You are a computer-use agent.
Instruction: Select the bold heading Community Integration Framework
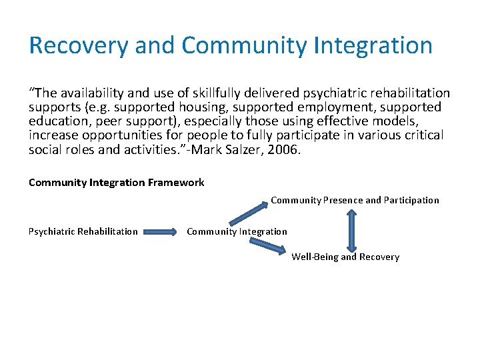[117, 183]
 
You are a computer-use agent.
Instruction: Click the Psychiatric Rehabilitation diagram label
[83, 232]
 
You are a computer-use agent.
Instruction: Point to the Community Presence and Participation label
[355, 200]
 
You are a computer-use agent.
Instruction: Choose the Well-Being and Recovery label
[345, 257]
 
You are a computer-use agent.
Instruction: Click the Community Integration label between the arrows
[237, 232]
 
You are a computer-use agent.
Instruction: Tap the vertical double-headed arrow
[351, 230]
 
